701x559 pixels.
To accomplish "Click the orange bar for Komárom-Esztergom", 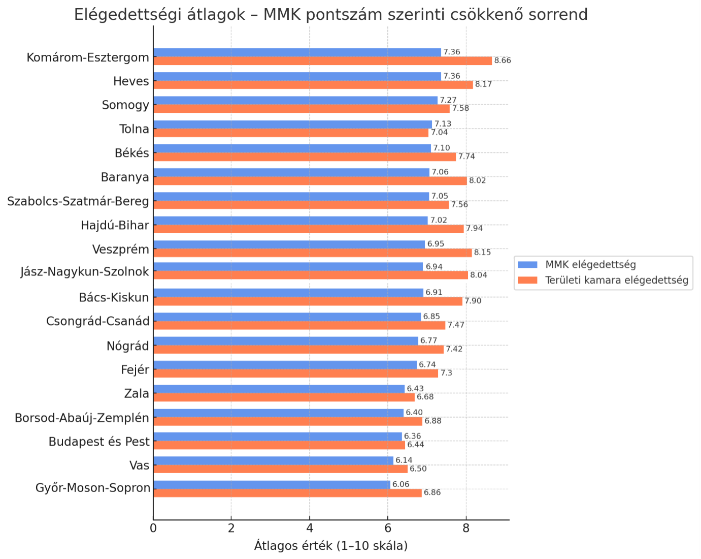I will [x=322, y=61].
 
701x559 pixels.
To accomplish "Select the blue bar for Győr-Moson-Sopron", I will [x=272, y=484].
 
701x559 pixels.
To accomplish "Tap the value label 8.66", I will [x=503, y=61].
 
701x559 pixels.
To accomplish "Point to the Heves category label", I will [x=131, y=81].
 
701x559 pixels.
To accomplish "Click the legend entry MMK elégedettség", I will [x=590, y=265].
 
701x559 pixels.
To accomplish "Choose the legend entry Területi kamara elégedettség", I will [x=616, y=281].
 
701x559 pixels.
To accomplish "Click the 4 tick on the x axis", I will [x=310, y=528].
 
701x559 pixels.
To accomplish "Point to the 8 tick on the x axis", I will [x=466, y=528].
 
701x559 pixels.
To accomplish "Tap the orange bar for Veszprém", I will [x=312, y=253].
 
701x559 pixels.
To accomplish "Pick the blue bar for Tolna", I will [x=292, y=125].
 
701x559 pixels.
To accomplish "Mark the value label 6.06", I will [x=401, y=484].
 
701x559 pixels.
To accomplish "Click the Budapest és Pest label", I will [x=99, y=442].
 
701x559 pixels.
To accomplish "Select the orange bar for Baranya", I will [x=310, y=181].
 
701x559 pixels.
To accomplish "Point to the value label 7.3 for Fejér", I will [x=446, y=373].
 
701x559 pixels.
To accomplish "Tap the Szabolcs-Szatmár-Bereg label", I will [x=78, y=201].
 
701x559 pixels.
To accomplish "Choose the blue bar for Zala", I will [x=279, y=389].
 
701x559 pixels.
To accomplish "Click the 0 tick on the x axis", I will [x=153, y=528].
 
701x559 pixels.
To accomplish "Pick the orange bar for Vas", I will [x=280, y=469].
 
